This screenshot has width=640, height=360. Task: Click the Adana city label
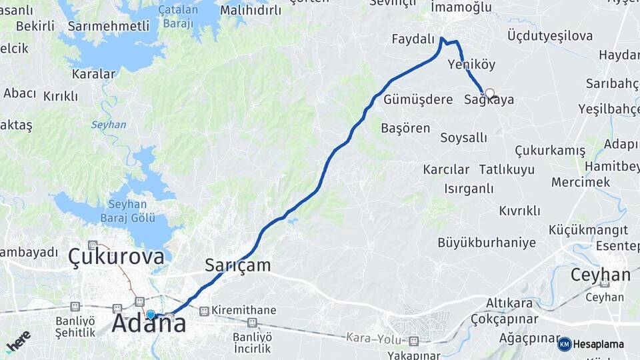click(x=149, y=324)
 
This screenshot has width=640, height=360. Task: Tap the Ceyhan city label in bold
click(x=600, y=275)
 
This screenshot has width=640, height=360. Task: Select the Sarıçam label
click(x=237, y=265)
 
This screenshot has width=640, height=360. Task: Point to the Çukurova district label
click(x=116, y=256)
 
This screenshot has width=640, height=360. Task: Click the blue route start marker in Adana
click(x=151, y=315)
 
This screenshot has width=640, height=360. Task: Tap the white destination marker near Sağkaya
click(x=490, y=93)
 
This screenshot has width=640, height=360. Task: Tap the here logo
click(x=18, y=341)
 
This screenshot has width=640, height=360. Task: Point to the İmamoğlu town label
click(x=461, y=7)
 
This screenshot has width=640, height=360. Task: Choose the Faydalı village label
click(x=413, y=39)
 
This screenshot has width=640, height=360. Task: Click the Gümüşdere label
click(x=418, y=99)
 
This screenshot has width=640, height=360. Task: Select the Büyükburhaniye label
click(x=487, y=243)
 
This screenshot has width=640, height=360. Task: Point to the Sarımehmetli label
click(x=109, y=26)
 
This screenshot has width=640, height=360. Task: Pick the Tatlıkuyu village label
click(x=507, y=169)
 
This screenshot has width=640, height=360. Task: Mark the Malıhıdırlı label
click(x=251, y=10)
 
